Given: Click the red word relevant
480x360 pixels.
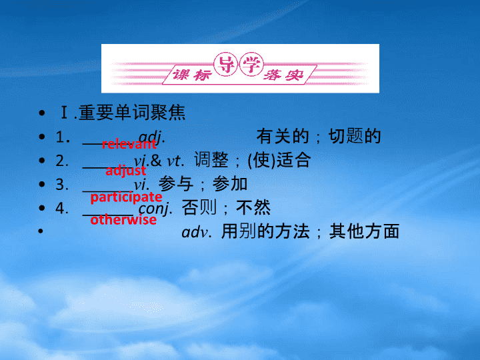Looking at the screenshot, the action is pyautogui.click(x=129, y=144).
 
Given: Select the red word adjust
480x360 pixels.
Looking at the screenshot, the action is pyautogui.click(x=126, y=171).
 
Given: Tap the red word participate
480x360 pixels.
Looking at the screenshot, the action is pyautogui.click(x=126, y=197).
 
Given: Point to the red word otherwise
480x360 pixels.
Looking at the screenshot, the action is pyautogui.click(x=123, y=220).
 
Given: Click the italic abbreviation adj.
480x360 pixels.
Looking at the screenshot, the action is pyautogui.click(x=152, y=137).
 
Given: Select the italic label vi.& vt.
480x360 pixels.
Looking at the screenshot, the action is pyautogui.click(x=159, y=160).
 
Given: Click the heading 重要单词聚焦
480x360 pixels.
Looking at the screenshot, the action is pyautogui.click(x=132, y=113).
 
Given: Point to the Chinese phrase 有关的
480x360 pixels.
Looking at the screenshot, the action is pyautogui.click(x=283, y=136).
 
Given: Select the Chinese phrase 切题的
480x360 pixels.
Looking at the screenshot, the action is pyautogui.click(x=355, y=136).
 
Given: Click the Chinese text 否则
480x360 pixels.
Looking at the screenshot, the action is pyautogui.click(x=199, y=207).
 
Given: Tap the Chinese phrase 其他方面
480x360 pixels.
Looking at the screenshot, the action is pyautogui.click(x=364, y=231).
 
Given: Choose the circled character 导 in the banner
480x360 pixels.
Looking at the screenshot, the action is pyautogui.click(x=226, y=64).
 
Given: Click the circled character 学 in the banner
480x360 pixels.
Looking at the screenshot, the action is pyautogui.click(x=251, y=64).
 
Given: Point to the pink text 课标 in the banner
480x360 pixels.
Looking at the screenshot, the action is pyautogui.click(x=192, y=75).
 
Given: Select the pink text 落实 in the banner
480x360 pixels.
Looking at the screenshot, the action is pyautogui.click(x=283, y=75).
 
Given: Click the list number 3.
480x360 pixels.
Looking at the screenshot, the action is pyautogui.click(x=62, y=185).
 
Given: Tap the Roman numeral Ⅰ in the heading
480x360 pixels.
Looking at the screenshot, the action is pyautogui.click(x=64, y=113).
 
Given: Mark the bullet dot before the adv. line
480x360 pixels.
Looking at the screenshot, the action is pyautogui.click(x=41, y=231).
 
